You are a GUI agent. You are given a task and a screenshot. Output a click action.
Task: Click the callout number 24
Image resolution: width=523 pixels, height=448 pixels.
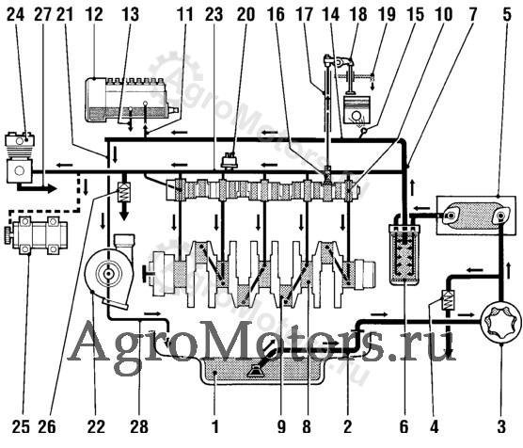tap(15, 15)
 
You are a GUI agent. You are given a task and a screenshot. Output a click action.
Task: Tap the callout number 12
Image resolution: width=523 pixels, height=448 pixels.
tap(94, 15)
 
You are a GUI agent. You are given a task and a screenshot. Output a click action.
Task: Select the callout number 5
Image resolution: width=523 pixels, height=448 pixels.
tap(507, 15)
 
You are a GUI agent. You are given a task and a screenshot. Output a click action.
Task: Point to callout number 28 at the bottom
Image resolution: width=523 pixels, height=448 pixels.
tap(139, 426)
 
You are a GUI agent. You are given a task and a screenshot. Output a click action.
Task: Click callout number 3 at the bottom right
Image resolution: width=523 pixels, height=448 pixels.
tap(501, 426)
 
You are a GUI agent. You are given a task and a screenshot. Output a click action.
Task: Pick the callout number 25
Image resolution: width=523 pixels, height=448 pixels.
tap(21, 426)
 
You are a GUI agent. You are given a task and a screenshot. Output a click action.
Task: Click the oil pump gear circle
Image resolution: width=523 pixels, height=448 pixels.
tap(501, 323)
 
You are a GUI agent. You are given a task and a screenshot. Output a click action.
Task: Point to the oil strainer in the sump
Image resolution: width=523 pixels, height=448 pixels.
tap(256, 371)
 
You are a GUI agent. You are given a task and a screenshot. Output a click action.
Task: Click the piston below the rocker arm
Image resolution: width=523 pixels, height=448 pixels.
tap(357, 110)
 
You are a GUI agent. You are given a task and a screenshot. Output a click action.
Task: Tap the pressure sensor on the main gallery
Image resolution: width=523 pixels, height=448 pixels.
tap(230, 160)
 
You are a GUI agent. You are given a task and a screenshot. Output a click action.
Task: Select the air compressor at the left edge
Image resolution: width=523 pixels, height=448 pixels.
tap(20, 157)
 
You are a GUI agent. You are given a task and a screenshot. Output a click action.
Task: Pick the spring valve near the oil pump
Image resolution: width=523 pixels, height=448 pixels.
tap(446, 300)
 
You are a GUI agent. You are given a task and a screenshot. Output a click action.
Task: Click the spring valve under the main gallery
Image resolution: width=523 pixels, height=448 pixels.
tap(124, 192)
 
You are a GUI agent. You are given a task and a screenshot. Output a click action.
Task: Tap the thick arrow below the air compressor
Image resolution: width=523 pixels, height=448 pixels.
tap(37, 188)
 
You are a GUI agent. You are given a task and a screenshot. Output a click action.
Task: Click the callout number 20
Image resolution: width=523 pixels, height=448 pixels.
tap(246, 15)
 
